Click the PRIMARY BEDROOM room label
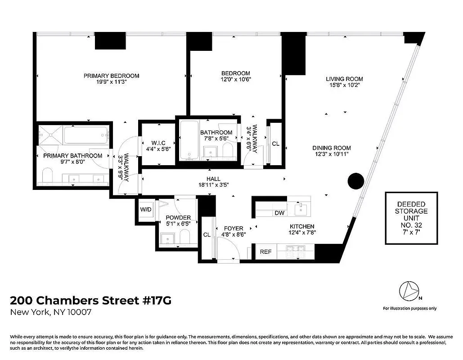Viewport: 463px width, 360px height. point(111,76)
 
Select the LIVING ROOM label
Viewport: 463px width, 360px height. point(344,79)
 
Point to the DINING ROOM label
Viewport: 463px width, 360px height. point(333,148)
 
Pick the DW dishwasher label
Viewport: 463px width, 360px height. point(279,213)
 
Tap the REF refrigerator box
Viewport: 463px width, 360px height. point(265,252)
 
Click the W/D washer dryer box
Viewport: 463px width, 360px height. point(145,210)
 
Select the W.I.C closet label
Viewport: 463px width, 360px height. point(156,143)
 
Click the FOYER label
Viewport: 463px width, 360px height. point(233,229)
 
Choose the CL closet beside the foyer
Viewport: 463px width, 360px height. point(207,235)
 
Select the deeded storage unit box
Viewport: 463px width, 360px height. point(411,218)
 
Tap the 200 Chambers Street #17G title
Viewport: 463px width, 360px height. point(90,300)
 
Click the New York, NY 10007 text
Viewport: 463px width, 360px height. point(51,313)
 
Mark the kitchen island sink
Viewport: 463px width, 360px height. point(300,208)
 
